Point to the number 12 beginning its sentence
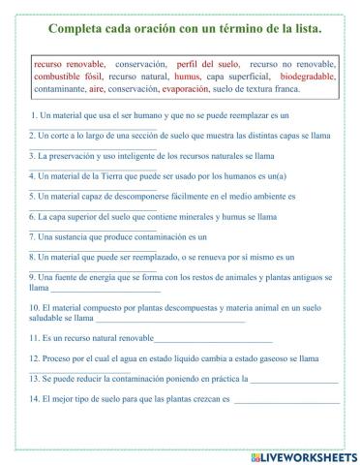click(x=35, y=357)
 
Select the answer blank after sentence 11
click(x=213, y=339)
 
